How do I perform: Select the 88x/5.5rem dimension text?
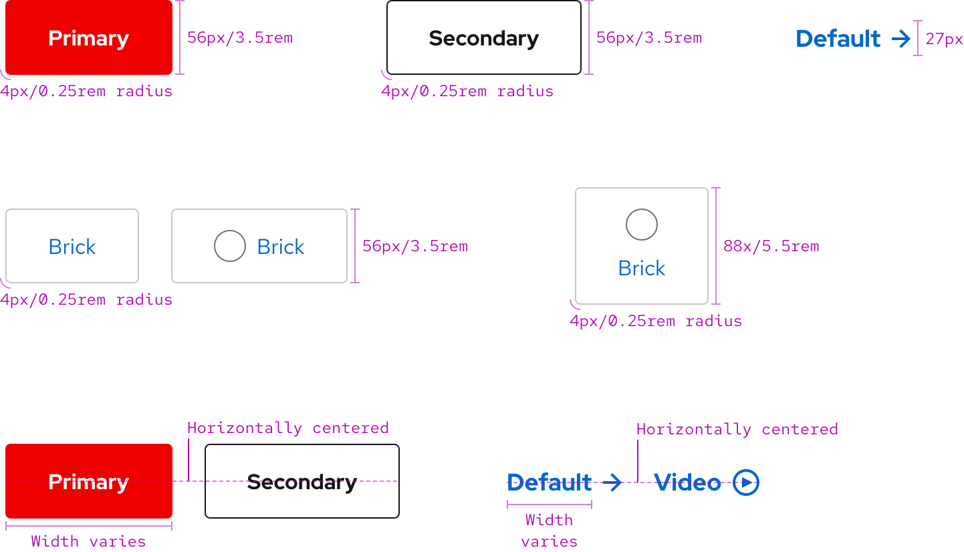coord(771,247)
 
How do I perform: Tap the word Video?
coord(687,482)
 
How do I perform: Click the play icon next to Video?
coord(746,482)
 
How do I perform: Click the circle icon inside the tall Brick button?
coord(642,225)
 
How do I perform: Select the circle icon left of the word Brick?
coord(230,246)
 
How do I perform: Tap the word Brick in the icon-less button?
coord(72,247)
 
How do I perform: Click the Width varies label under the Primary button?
coord(88,541)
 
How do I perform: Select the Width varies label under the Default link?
coord(549,531)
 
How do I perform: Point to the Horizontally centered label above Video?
coord(737,429)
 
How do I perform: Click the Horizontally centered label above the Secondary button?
coord(287,428)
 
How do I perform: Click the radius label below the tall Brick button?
coord(655,321)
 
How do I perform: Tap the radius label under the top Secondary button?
coord(467,92)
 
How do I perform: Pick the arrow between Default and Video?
coord(612,482)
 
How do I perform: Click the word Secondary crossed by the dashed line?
coord(302,482)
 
